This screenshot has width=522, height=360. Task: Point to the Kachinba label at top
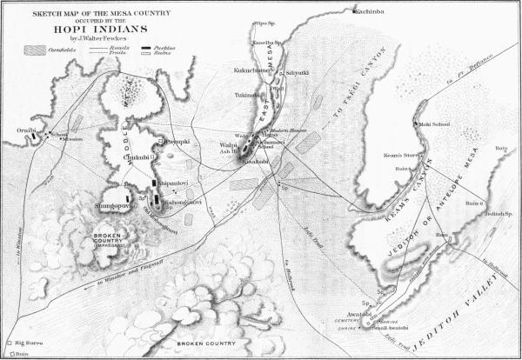click(369, 10)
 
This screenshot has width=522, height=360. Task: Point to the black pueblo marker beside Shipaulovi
click(156, 183)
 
